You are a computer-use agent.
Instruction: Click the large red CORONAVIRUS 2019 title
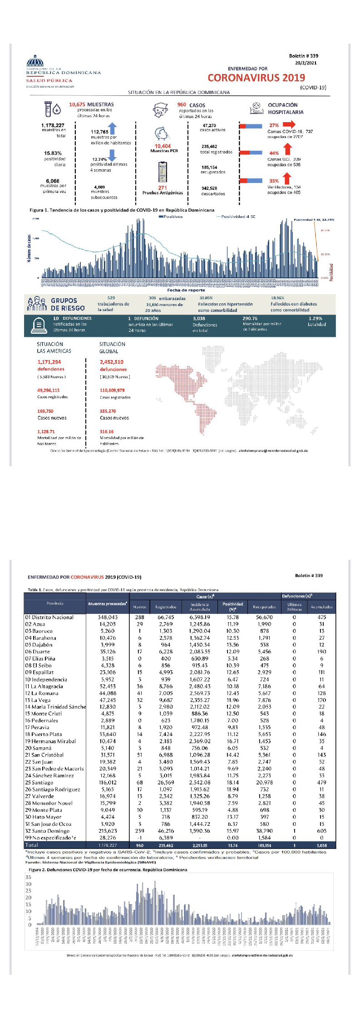(256, 78)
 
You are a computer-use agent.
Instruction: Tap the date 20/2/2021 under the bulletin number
(306, 63)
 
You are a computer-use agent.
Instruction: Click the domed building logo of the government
(35, 60)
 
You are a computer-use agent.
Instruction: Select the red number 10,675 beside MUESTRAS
(77, 104)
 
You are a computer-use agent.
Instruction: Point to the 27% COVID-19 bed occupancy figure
(274, 125)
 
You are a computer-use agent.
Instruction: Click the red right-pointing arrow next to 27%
(289, 124)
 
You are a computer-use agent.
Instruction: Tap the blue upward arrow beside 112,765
(113, 128)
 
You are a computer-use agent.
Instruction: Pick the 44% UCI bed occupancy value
(274, 153)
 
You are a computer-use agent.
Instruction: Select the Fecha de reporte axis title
(186, 290)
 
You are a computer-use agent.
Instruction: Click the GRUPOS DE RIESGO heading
(68, 304)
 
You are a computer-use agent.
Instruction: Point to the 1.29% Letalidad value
(315, 318)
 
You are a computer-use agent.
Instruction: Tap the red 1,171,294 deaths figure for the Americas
(49, 362)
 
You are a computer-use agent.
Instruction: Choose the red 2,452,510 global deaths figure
(112, 362)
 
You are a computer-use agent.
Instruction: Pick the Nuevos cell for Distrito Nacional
(139, 617)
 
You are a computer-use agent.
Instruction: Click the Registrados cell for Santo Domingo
(166, 830)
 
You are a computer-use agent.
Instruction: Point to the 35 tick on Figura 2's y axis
(29, 877)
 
